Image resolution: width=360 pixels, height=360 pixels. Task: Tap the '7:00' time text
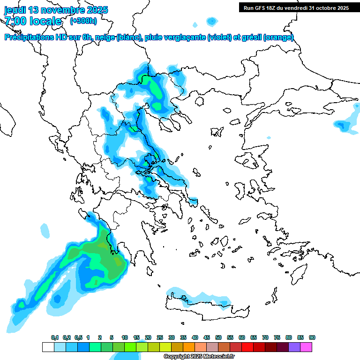16,21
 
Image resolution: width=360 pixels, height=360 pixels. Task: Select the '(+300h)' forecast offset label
83,21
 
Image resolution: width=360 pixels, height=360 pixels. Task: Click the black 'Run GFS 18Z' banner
296,7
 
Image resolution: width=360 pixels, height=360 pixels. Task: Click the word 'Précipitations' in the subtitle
29,37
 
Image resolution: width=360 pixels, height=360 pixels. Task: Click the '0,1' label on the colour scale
55,338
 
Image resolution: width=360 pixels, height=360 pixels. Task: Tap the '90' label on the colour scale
312,338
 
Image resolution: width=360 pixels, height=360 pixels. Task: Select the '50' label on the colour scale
218,338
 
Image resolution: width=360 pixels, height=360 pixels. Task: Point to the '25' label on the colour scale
160,338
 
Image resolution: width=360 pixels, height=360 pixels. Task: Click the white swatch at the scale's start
48,347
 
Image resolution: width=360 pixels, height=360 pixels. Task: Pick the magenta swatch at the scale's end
306,347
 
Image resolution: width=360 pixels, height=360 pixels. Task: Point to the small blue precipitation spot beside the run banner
212,21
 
